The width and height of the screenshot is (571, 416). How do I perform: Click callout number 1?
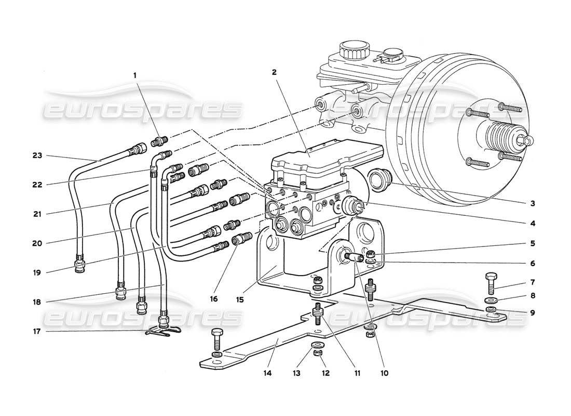pos(135,75)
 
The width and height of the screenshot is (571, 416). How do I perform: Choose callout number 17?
pos(36,331)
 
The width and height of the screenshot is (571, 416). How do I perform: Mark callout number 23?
pos(36,155)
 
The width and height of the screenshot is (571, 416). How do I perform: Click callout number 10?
pos(384,372)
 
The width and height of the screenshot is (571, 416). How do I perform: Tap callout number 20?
pos(36,242)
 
